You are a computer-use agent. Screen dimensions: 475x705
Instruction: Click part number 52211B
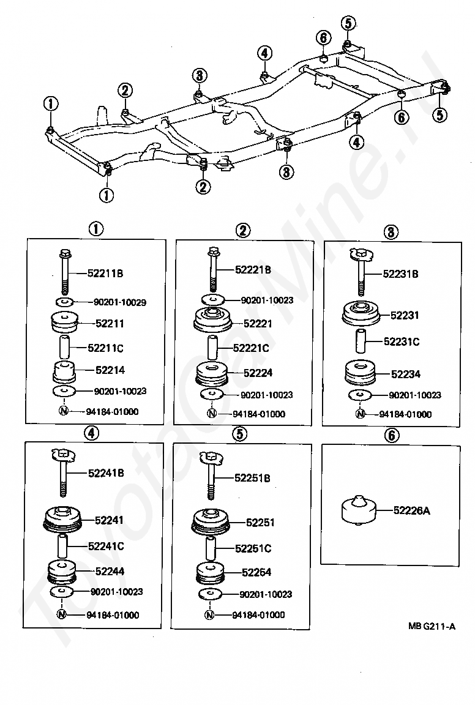pyautogui.click(x=105, y=273)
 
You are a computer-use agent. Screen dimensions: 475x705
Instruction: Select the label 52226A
pyautogui.click(x=411, y=510)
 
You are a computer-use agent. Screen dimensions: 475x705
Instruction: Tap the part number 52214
pyautogui.click(x=110, y=370)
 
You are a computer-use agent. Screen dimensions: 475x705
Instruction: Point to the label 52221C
pyautogui.click(x=251, y=348)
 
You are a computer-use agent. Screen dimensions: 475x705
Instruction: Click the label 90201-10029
pyautogui.click(x=119, y=302)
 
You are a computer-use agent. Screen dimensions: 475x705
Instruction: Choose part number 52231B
pyautogui.click(x=400, y=274)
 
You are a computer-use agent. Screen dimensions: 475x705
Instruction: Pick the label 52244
pyautogui.click(x=110, y=572)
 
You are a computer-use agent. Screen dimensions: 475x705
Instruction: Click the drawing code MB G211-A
pyautogui.click(x=432, y=626)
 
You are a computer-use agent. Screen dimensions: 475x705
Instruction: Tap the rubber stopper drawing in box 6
pyautogui.click(x=358, y=509)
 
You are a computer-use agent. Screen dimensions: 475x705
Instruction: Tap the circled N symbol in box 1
pyautogui.click(x=64, y=411)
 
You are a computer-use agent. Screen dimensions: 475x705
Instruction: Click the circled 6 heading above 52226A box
pyautogui.click(x=391, y=435)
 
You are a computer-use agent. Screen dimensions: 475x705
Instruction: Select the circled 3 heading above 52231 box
pyautogui.click(x=391, y=232)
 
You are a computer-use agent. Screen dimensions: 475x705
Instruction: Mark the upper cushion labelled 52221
pyautogui.click(x=213, y=319)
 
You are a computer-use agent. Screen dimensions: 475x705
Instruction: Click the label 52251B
pyautogui.click(x=252, y=478)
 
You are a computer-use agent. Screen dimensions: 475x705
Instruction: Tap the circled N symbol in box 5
pyautogui.click(x=209, y=614)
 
